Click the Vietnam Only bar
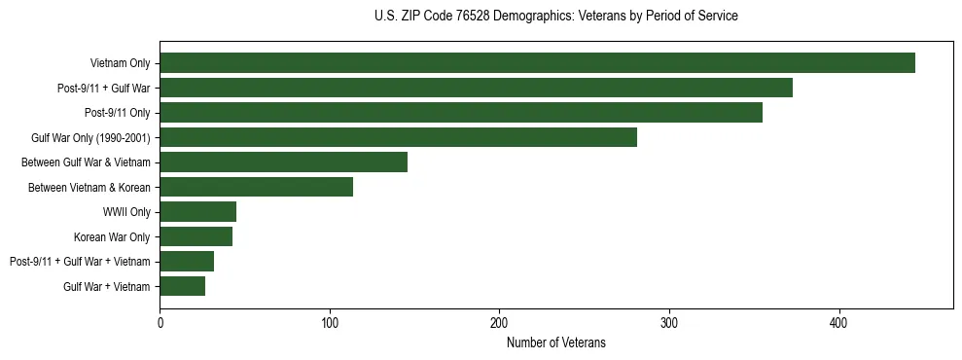537,63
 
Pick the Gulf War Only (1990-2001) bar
398,137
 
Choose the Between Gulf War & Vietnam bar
283,162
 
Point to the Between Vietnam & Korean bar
256,187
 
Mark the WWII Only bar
197,212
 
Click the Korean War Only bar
196,236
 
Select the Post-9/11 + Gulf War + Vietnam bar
187,262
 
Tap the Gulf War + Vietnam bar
182,286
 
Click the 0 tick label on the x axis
160,322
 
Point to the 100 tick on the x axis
330,322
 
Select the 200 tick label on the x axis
499,322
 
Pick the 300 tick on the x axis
669,322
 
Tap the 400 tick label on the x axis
838,322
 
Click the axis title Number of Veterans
556,342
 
